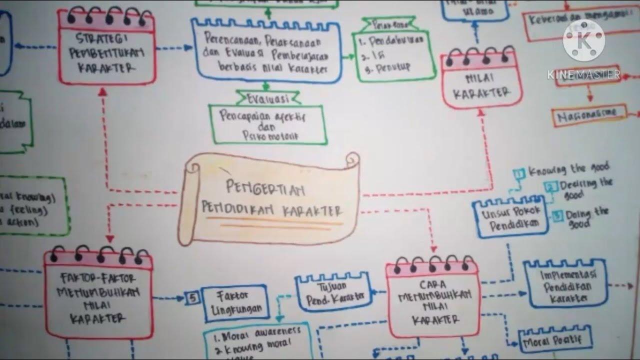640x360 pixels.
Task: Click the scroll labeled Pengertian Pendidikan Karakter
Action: [270, 200]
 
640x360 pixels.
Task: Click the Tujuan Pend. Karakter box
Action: [333, 292]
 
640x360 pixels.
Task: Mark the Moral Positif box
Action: [555, 341]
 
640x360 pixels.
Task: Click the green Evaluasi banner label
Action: [267, 98]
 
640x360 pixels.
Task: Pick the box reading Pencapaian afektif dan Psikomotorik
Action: [267, 125]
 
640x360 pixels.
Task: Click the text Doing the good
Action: [587, 218]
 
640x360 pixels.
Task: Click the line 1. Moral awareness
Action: [257, 332]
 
